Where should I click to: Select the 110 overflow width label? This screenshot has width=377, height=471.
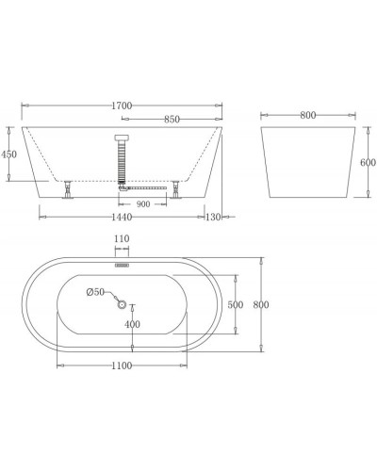click(x=121, y=240)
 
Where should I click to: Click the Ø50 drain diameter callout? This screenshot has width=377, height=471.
click(x=96, y=291)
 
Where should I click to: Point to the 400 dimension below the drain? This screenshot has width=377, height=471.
click(x=132, y=325)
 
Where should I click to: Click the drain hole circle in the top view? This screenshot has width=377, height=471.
click(x=121, y=304)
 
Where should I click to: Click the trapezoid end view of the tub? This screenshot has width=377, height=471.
click(x=311, y=160)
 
